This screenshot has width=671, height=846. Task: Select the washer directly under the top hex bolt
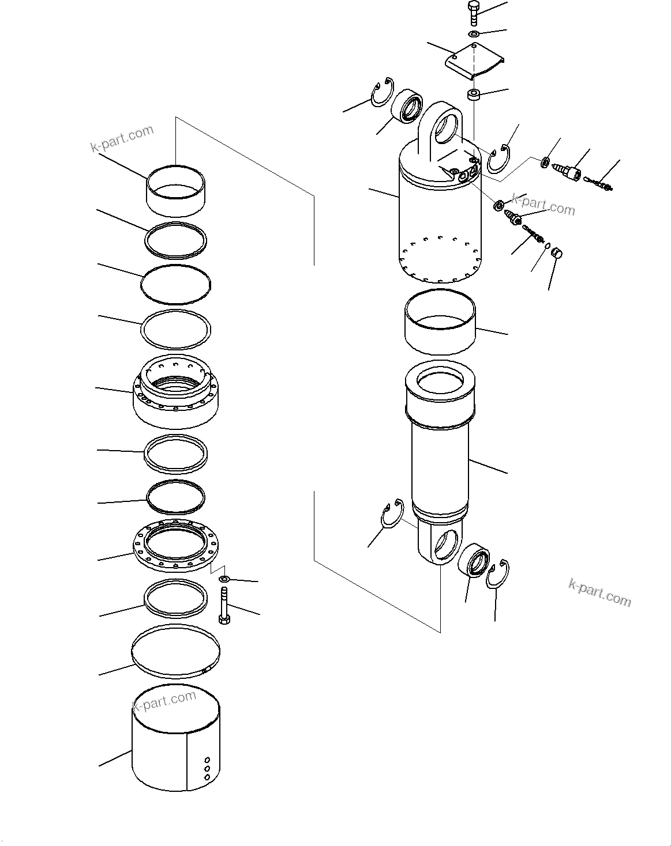(x=473, y=35)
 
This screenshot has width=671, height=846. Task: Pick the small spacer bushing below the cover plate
(x=474, y=94)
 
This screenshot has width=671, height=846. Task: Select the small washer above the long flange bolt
(x=225, y=578)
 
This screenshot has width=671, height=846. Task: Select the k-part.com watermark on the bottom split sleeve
(x=165, y=702)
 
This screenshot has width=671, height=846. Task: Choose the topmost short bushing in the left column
(x=175, y=190)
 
